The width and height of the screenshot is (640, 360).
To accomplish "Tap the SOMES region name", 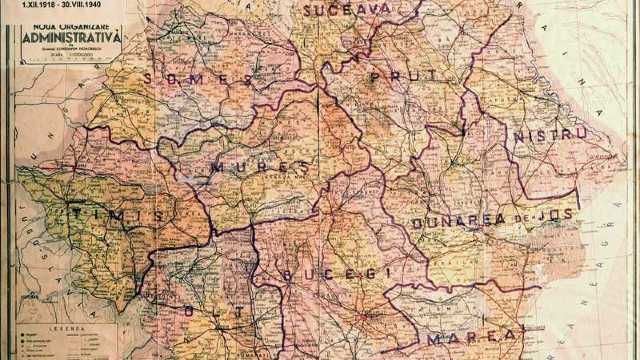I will (x=198, y=78).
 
